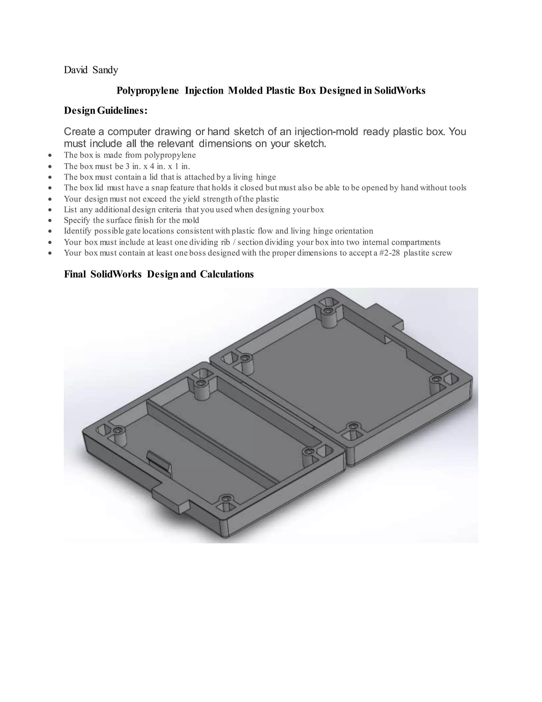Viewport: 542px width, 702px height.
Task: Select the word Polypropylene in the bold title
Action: [147, 91]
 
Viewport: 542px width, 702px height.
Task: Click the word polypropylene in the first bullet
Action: [170, 155]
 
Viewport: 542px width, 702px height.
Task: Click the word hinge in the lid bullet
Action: [266, 177]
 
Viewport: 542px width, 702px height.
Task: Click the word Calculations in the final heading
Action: [227, 274]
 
